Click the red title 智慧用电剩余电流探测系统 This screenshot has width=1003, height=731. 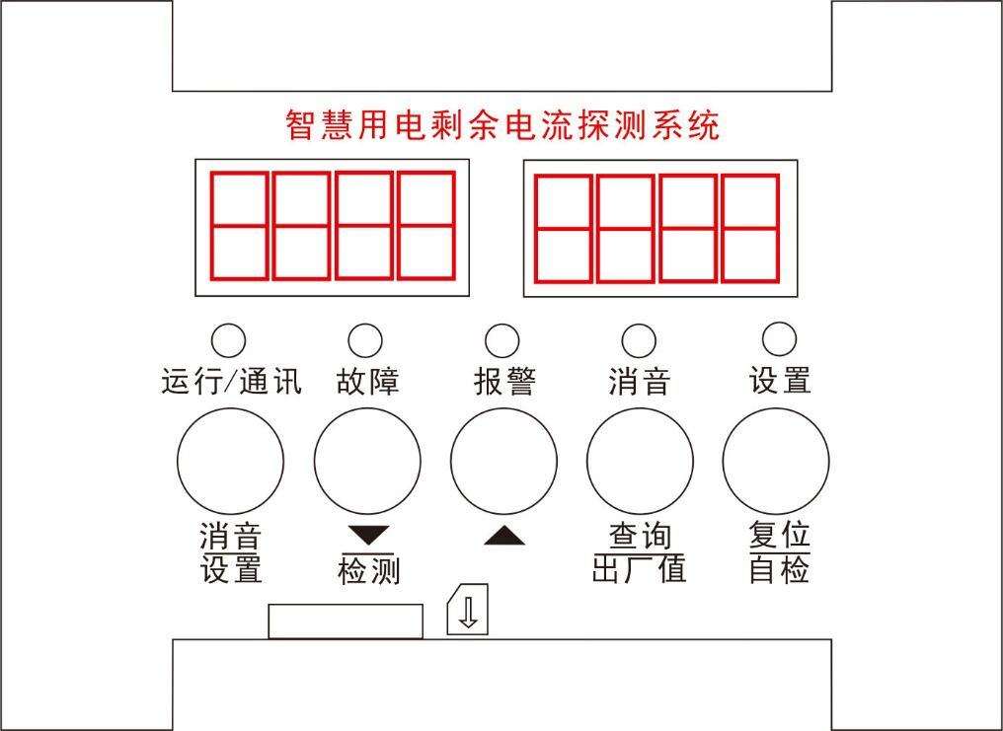[x=502, y=124]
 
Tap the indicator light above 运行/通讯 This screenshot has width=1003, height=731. [x=228, y=340]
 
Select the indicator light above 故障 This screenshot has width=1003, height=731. [x=365, y=340]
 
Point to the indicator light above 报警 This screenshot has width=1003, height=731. [x=502, y=340]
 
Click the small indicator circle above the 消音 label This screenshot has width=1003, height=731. [x=639, y=340]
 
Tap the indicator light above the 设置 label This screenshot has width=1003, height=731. [x=780, y=338]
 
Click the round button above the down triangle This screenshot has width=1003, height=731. [x=367, y=461]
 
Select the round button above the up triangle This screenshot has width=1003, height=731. [x=503, y=461]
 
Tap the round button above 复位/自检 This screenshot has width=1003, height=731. [x=776, y=461]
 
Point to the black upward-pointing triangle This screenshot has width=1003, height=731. [x=504, y=536]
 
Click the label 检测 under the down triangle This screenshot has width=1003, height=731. [x=369, y=570]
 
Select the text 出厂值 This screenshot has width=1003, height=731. [x=639, y=569]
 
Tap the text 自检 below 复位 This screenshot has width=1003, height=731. [x=779, y=569]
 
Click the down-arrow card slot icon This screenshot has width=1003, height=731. [x=468, y=609]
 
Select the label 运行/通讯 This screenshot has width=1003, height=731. [x=231, y=382]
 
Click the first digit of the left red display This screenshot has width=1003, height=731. [x=239, y=226]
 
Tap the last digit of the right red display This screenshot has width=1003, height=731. [x=750, y=228]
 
